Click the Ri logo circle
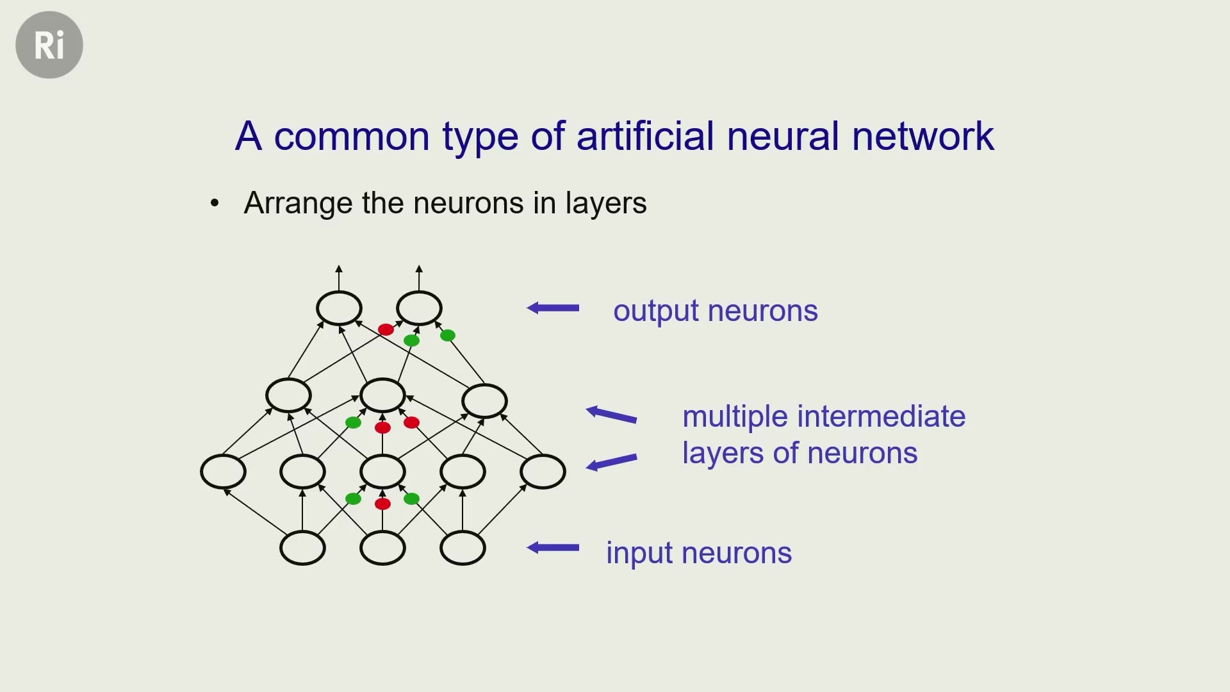click(49, 45)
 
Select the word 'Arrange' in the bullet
click(299, 204)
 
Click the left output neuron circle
click(339, 308)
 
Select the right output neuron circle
click(419, 308)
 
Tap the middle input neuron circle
click(382, 548)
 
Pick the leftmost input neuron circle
click(302, 548)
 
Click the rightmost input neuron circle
click(463, 548)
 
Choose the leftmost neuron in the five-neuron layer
click(223, 472)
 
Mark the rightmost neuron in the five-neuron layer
click(543, 472)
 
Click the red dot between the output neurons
click(386, 329)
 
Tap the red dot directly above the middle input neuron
click(382, 504)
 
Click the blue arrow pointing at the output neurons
click(553, 308)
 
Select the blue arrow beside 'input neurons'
click(553, 548)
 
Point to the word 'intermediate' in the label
click(881, 416)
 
